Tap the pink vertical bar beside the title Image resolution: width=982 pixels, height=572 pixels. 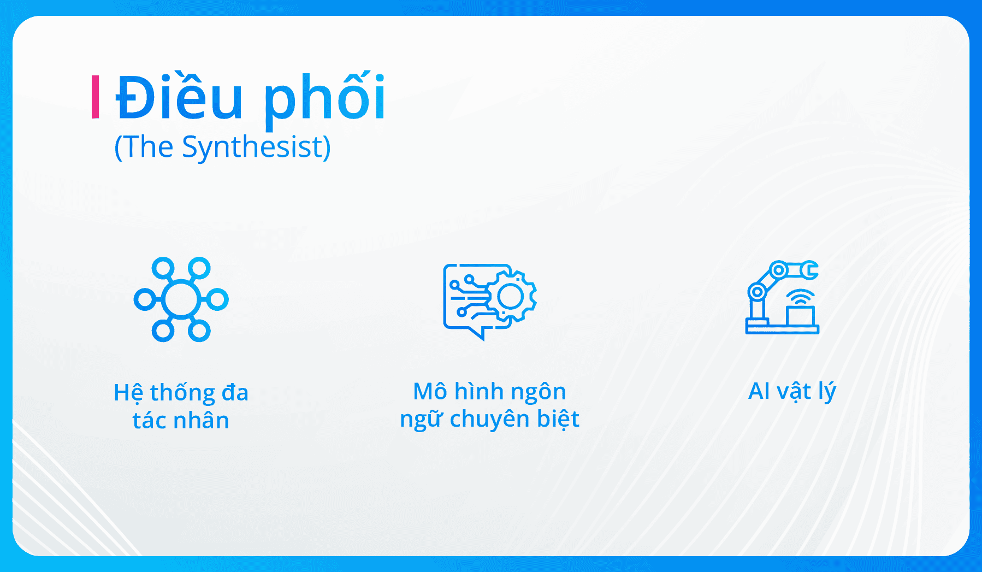coord(96,97)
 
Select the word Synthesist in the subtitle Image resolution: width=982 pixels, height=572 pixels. coord(256,147)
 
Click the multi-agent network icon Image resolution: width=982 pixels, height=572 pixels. coord(181,299)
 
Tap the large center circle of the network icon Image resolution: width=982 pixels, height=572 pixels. coord(181,299)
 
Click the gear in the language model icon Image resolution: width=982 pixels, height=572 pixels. coord(511,297)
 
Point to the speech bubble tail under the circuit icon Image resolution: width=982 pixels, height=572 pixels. coord(479,333)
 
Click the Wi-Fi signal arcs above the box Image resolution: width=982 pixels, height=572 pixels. coord(800,297)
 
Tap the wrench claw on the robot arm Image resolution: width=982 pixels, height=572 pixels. coord(809,270)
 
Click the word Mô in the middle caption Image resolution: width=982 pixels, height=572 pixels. coord(430,392)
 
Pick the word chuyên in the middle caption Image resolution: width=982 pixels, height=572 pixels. coord(489,420)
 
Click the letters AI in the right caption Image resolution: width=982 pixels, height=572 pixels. coord(759,391)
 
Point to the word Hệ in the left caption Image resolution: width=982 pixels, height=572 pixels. coord(128,393)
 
